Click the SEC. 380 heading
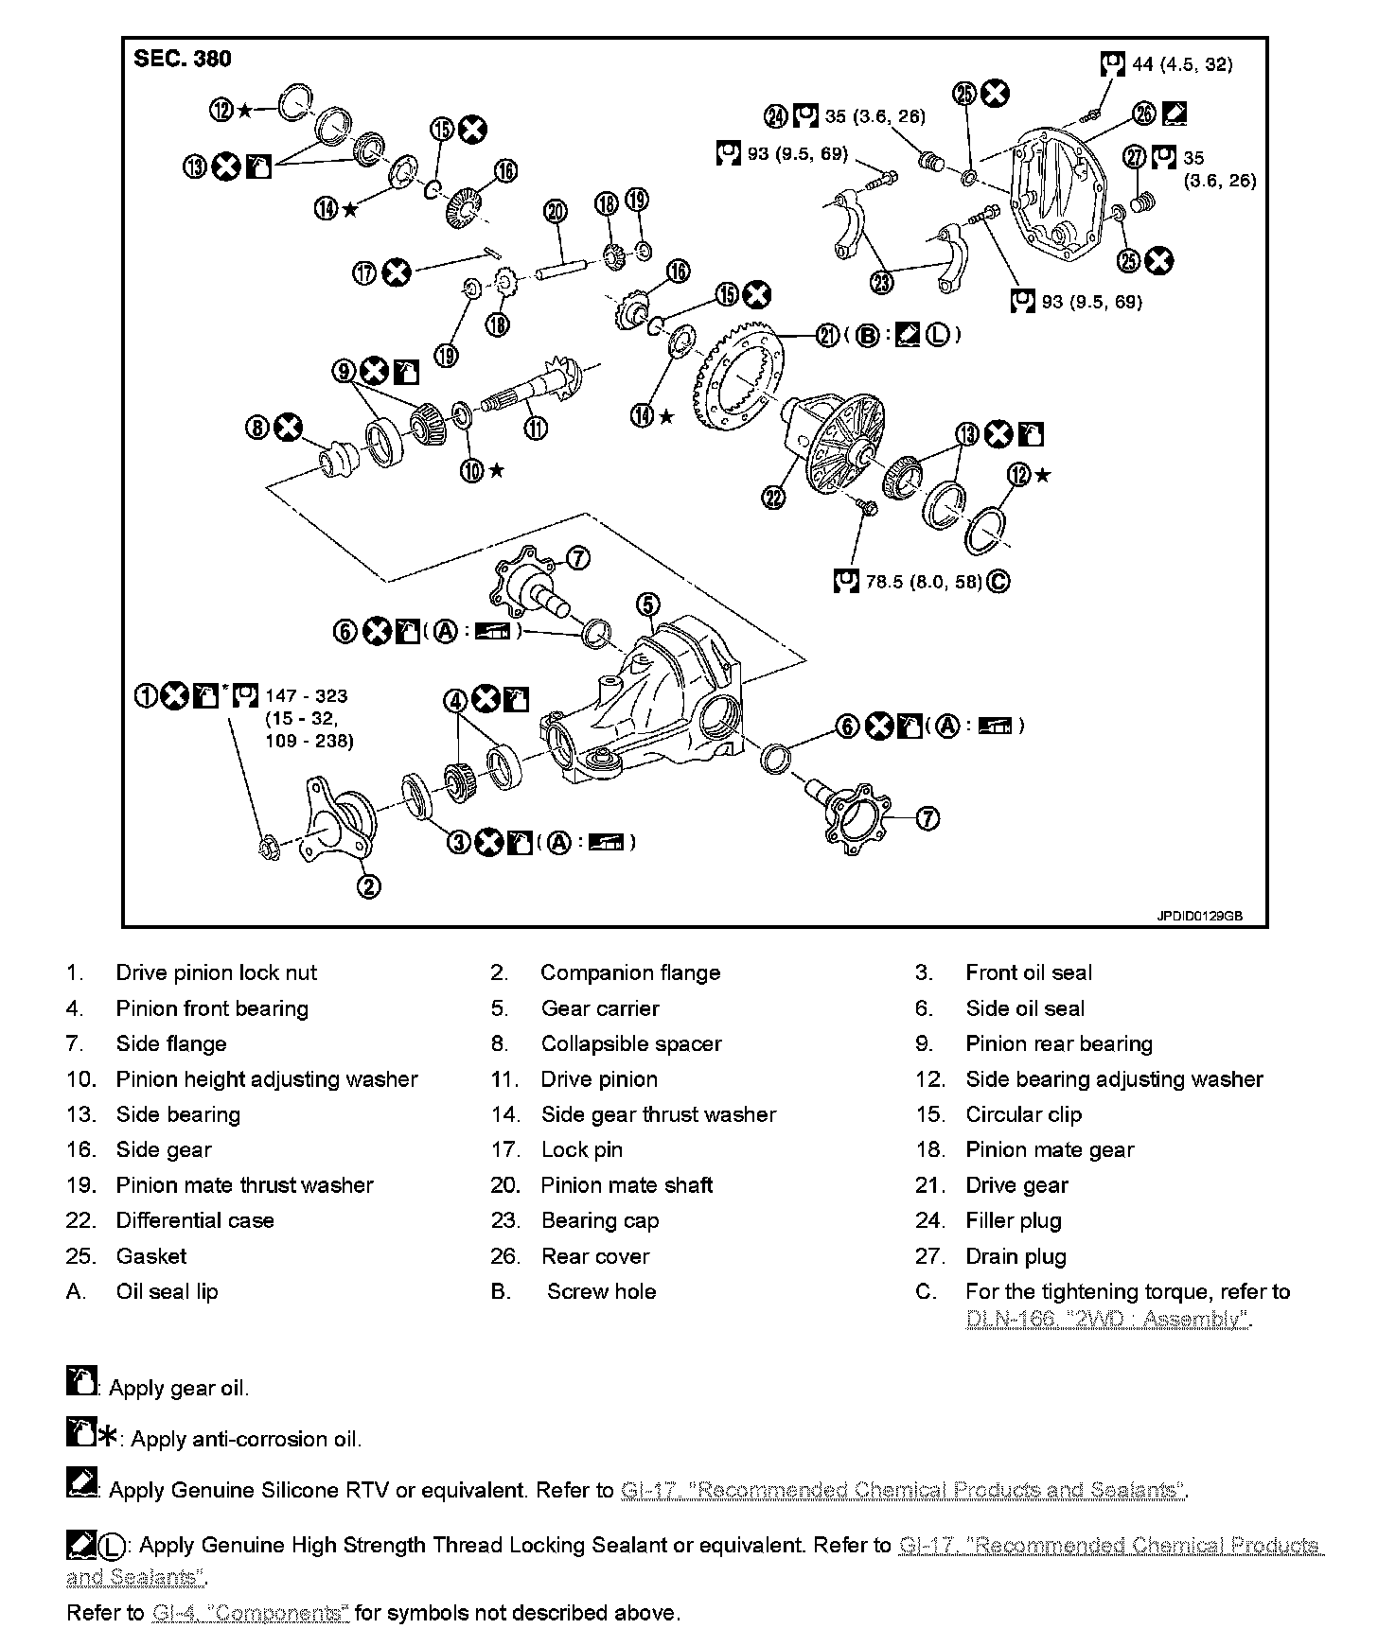coord(182,59)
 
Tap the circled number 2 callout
coord(368,885)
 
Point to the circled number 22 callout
coord(775,496)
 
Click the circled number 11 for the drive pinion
coord(536,428)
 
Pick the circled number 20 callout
coord(556,210)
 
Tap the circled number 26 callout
coord(1144,114)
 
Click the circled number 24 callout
coord(776,116)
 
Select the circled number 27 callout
coord(1135,157)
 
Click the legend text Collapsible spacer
coord(630,1044)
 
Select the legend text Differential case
coord(194,1221)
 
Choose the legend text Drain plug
coord(1016,1257)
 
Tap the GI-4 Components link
coord(250,1613)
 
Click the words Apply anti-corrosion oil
coord(246,1440)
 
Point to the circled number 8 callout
coord(257,428)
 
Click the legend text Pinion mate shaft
coord(627,1186)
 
